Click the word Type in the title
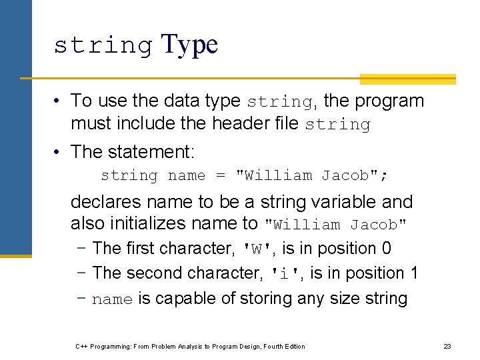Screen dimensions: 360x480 pos(189,44)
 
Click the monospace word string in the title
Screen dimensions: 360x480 pos(103,45)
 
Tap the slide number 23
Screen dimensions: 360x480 pos(447,346)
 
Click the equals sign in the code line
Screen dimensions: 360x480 pos(221,175)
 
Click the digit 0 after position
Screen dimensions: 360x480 pos(387,248)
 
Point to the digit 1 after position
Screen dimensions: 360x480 pos(414,273)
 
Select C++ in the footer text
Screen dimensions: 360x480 pos(82,346)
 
